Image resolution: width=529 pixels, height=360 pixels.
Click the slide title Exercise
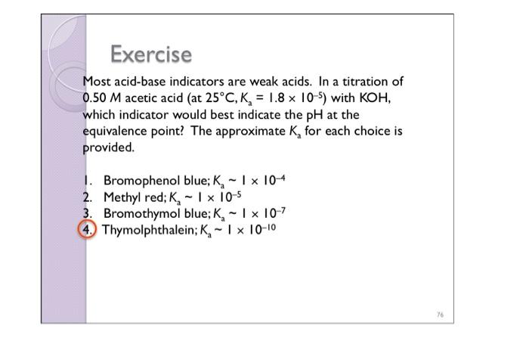coord(151,55)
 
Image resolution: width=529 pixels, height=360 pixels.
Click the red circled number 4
coord(91,230)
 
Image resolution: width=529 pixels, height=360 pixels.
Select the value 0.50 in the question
coord(97,98)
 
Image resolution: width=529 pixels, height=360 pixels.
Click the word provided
coord(108,147)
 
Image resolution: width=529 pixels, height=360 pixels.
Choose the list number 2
coord(88,197)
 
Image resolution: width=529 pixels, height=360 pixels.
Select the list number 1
coord(88,181)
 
